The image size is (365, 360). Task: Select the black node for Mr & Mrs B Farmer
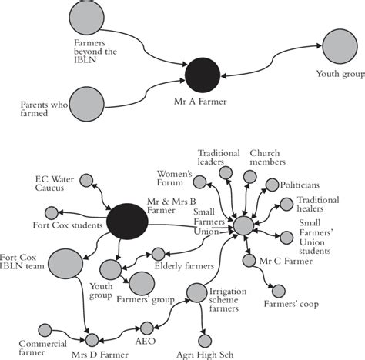128,222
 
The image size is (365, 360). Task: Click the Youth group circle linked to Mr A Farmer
341,45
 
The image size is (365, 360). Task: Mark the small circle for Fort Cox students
52,212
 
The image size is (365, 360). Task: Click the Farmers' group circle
142,284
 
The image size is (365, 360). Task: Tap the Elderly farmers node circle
158,254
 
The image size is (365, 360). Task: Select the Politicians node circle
272,185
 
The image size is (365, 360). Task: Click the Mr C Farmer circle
248,261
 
